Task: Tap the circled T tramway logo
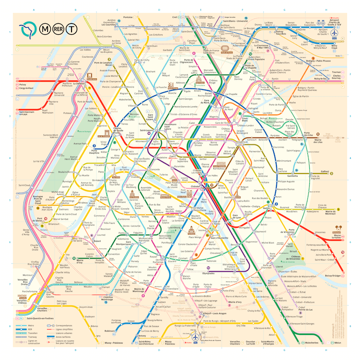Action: click(72, 29)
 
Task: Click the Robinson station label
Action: click(109, 331)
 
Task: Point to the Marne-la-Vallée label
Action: click(334, 237)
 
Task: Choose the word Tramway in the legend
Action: click(32, 337)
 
